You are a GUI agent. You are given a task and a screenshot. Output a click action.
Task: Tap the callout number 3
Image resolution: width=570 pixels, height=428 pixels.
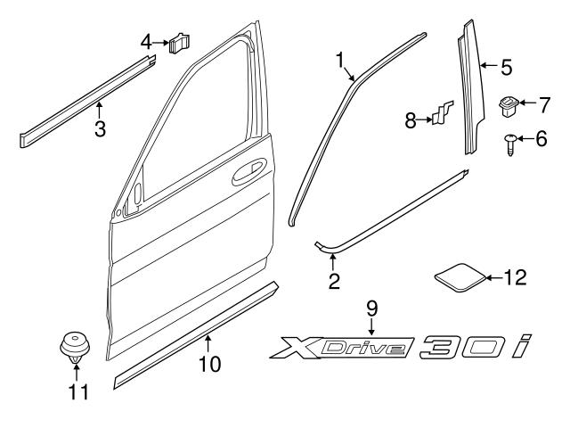100,129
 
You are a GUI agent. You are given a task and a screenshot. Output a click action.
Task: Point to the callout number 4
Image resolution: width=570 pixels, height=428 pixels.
146,40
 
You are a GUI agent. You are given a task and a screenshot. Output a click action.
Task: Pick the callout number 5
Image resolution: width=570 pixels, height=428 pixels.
506,65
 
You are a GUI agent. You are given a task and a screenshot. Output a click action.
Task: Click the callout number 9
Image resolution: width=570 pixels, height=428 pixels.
373,309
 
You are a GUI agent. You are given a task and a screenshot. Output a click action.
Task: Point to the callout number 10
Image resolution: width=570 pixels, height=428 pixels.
209,364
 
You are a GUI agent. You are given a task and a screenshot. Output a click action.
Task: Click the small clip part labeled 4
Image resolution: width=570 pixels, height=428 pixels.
182,41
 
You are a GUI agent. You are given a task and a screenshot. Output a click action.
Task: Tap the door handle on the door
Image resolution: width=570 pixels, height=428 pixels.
247,172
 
